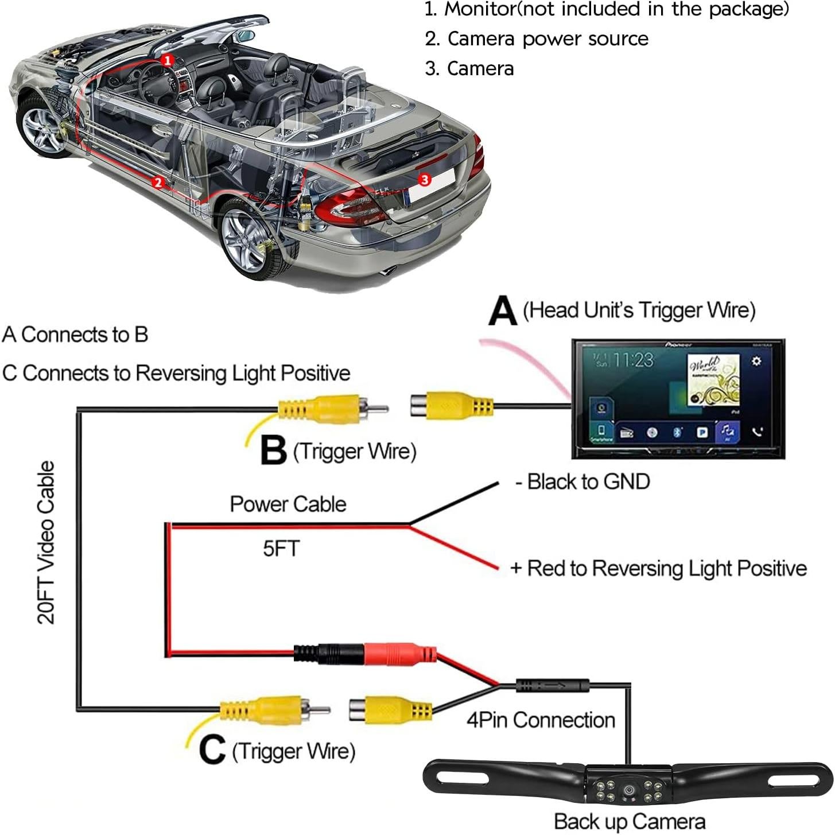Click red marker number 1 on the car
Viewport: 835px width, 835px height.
[x=167, y=60]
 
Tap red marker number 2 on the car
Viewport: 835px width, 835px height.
[x=158, y=182]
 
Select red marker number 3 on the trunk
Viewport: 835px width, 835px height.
[x=424, y=180]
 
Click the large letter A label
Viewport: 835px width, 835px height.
[x=503, y=310]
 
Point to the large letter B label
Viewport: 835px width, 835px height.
[x=273, y=450]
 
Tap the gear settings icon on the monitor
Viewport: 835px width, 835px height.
[x=756, y=360]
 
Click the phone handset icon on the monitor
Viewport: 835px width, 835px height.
[x=757, y=431]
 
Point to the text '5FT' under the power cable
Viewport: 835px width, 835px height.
[x=281, y=549]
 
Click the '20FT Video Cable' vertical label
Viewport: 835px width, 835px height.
[x=46, y=542]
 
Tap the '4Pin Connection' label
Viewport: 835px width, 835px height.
[x=541, y=720]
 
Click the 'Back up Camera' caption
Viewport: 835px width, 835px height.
[x=630, y=821]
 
